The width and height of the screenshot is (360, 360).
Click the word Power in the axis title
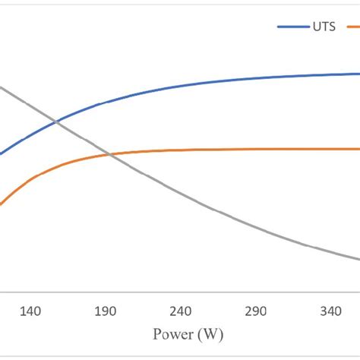tap(171, 334)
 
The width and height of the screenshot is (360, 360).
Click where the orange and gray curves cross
tap(111, 156)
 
